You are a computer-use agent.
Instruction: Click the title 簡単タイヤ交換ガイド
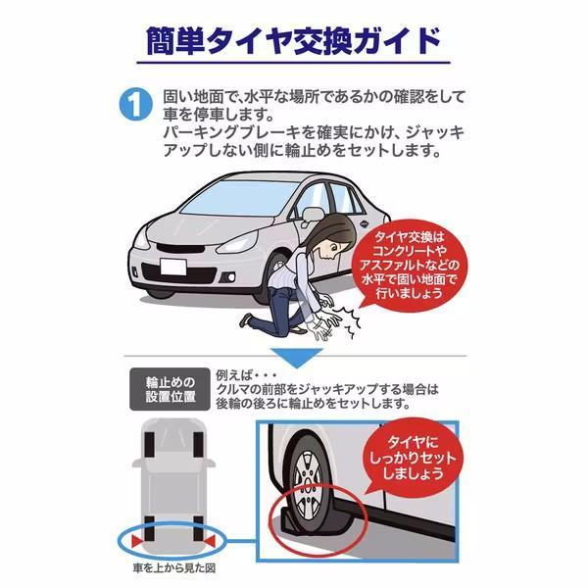click(294, 42)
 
